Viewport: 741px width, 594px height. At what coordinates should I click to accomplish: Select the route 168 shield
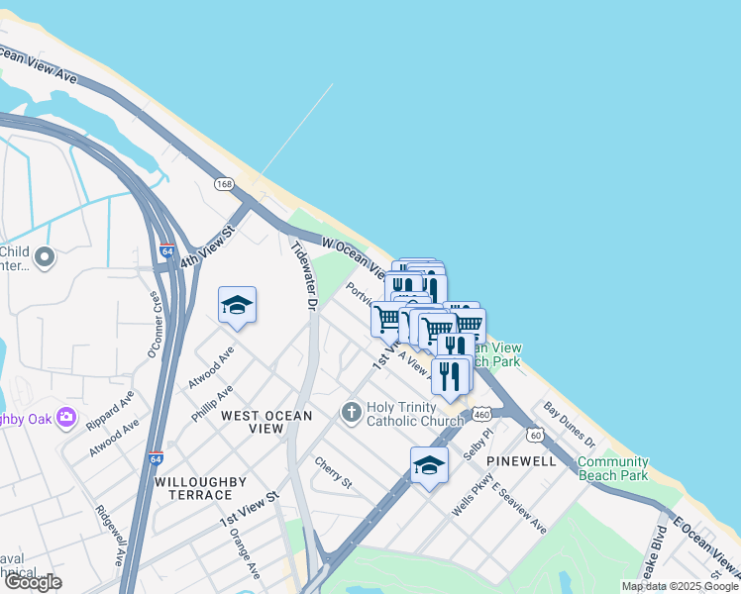(x=224, y=184)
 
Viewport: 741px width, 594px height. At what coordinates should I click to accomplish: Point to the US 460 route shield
(x=479, y=414)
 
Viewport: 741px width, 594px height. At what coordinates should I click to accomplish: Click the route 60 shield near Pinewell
(x=535, y=435)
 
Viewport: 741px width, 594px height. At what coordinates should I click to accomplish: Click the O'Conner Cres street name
(x=156, y=326)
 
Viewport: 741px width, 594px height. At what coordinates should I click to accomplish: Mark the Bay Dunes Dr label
(x=569, y=425)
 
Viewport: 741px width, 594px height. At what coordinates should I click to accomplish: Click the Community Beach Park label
(x=612, y=468)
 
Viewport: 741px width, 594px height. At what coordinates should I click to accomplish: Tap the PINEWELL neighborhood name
(x=521, y=462)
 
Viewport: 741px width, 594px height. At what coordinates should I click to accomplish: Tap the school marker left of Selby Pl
(x=429, y=464)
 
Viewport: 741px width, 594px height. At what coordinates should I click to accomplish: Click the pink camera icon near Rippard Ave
(x=66, y=417)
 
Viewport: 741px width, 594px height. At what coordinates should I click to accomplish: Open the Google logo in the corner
(x=33, y=582)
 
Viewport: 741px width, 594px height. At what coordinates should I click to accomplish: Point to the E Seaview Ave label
(x=518, y=509)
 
